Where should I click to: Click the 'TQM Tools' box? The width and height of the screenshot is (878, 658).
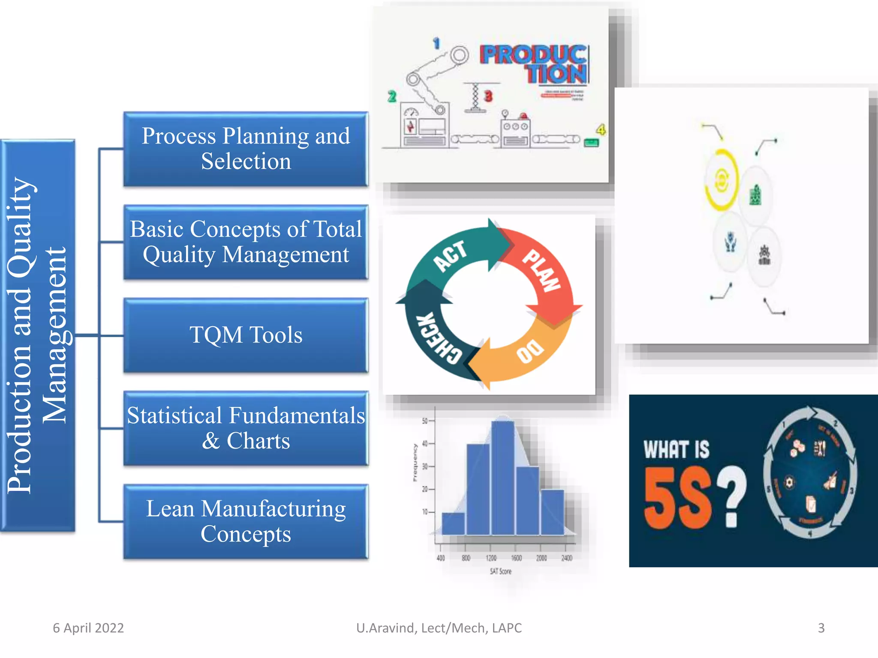click(x=246, y=335)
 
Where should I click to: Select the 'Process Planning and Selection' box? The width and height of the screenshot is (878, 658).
click(x=246, y=149)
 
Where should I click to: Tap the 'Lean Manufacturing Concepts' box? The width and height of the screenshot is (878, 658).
click(x=246, y=521)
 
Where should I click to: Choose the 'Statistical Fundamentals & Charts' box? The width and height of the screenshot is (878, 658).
click(x=246, y=428)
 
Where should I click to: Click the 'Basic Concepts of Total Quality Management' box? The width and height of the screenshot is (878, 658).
click(x=246, y=242)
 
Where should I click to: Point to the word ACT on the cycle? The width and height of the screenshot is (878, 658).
click(x=450, y=256)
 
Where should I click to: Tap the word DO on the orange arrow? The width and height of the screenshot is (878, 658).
click(x=530, y=351)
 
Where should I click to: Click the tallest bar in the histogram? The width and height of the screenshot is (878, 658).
click(x=502, y=478)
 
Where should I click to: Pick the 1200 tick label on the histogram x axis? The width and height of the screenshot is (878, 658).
click(x=491, y=558)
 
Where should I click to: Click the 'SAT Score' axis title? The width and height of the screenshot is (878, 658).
click(x=500, y=571)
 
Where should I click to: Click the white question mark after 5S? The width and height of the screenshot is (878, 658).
click(x=732, y=497)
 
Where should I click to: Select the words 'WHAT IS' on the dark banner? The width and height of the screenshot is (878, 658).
click(x=676, y=450)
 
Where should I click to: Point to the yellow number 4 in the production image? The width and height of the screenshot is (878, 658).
click(x=601, y=129)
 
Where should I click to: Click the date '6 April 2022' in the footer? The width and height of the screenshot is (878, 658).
click(x=88, y=628)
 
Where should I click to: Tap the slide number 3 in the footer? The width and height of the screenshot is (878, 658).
click(x=821, y=628)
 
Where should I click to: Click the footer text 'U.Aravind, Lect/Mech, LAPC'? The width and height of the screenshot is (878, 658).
click(x=439, y=628)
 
